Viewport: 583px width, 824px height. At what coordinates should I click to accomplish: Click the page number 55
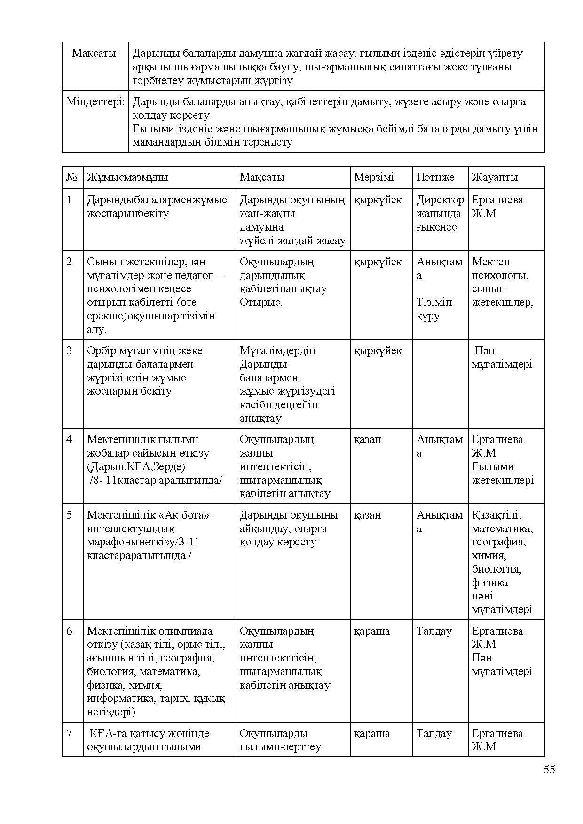point(549,770)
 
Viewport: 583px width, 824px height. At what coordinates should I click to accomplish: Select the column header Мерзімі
point(373,177)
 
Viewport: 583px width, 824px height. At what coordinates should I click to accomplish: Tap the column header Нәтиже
point(435,177)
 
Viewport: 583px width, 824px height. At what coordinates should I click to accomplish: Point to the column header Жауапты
point(495,177)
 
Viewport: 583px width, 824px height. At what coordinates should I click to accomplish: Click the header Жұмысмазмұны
point(127,177)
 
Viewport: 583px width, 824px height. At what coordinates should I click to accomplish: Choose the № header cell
point(72,177)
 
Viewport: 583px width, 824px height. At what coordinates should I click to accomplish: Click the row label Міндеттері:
point(95,101)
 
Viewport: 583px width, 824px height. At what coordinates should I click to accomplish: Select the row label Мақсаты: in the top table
point(95,53)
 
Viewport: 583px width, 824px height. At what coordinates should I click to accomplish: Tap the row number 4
point(69,439)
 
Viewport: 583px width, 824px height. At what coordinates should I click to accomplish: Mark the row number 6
point(69,631)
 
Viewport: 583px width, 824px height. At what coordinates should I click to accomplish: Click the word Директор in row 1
point(440,200)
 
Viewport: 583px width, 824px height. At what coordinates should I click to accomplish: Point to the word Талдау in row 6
point(434,631)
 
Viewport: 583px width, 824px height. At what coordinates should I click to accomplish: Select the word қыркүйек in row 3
point(378,350)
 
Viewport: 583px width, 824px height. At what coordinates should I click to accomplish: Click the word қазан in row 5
point(367,515)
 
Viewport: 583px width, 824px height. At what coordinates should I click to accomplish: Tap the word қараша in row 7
point(371,733)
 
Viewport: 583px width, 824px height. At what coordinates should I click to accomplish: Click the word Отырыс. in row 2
point(261,302)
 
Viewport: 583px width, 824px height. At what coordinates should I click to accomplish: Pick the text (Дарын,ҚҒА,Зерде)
point(136,466)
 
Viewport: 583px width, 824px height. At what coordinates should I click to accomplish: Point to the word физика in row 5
point(489,583)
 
